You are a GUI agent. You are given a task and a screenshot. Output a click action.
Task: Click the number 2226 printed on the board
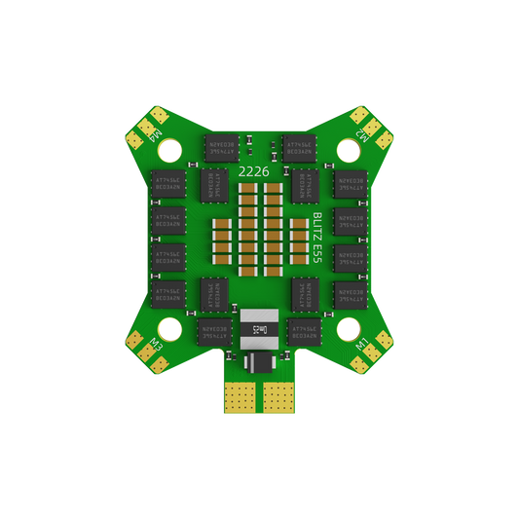tap(254, 171)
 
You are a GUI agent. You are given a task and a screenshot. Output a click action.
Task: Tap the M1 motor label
tap(363, 345)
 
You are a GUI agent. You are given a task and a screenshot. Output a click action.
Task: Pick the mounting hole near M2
tap(347, 150)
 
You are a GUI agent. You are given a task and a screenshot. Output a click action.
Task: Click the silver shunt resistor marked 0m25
tap(259, 329)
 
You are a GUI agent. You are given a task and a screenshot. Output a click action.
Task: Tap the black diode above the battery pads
tap(259, 362)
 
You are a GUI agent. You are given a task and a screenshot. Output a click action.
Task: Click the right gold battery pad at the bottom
tap(278, 394)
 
